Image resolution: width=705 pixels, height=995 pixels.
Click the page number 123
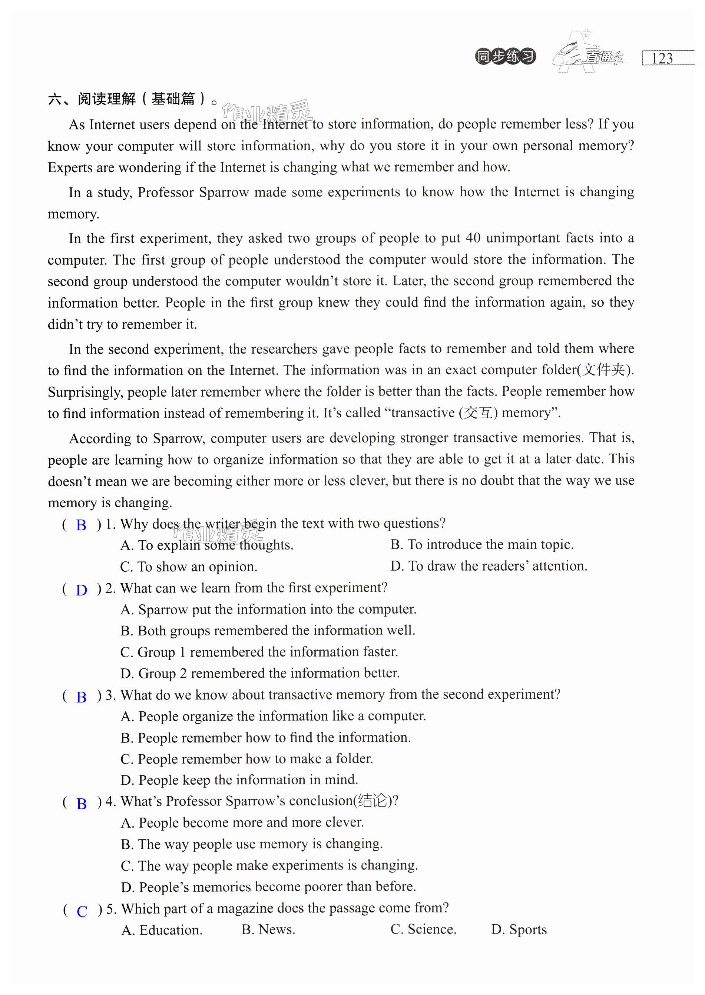point(662,58)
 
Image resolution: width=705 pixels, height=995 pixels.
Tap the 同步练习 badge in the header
point(505,57)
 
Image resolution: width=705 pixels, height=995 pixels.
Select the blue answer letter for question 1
point(81,525)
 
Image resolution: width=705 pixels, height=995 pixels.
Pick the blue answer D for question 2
point(81,590)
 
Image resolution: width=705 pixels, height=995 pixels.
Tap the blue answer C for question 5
point(82,911)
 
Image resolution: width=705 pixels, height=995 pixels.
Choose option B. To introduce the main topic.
point(482,544)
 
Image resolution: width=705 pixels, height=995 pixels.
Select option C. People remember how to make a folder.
point(246,759)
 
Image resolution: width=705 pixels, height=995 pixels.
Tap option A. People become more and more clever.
point(242,822)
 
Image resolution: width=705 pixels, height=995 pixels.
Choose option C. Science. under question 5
point(423,929)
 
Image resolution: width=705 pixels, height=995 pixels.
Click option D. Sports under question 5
point(519,929)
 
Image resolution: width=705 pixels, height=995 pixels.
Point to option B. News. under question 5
point(268,929)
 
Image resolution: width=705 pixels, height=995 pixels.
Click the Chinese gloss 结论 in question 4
point(372,801)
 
